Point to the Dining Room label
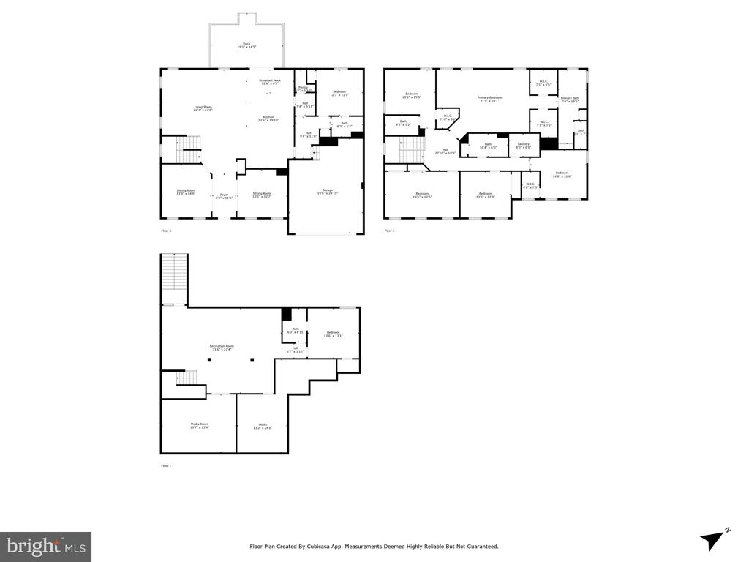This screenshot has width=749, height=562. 186,192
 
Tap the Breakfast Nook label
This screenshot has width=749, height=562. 269,81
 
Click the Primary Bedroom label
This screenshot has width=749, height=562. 489,99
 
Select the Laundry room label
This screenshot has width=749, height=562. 523,146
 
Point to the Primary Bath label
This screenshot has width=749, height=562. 570,100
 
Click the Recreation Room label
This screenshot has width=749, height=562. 222,347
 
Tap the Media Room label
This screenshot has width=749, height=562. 200,425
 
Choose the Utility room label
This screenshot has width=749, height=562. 262,426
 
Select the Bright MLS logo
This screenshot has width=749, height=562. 45,546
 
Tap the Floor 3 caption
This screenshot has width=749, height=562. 389,231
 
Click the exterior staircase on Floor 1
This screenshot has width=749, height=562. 174,279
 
